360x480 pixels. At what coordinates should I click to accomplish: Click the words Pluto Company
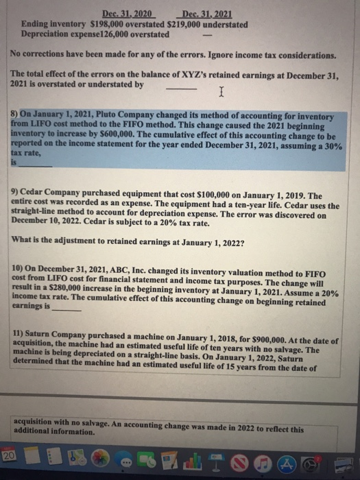tap(125, 117)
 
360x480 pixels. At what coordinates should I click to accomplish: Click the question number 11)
tap(19, 332)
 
